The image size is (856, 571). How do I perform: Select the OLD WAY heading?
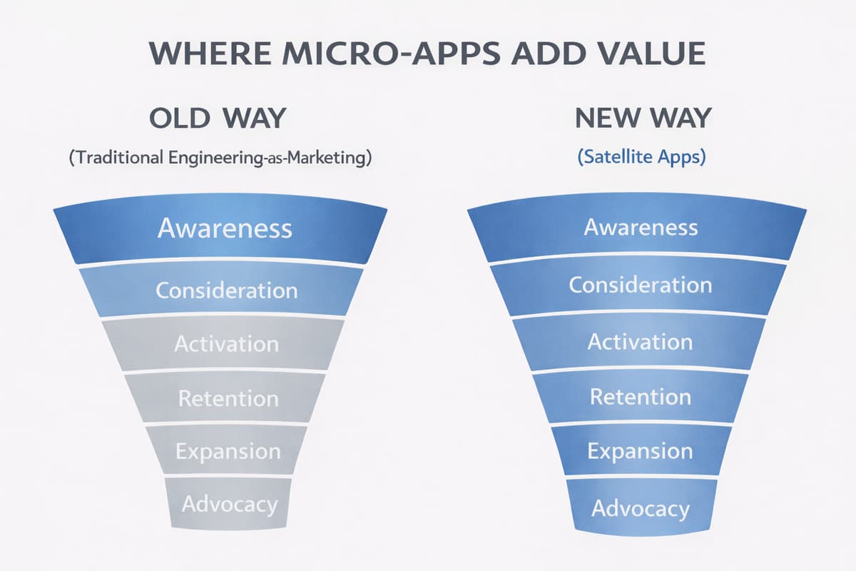pos(218,118)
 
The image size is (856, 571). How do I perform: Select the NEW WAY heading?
pos(643,118)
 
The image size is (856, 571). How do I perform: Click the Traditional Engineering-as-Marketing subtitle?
pos(220,158)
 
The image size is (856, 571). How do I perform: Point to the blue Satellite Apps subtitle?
pos(641,157)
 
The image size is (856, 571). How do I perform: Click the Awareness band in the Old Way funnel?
pos(220,228)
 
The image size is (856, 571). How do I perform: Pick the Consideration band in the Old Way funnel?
pos(221,290)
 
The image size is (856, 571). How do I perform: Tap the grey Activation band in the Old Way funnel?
pos(223,343)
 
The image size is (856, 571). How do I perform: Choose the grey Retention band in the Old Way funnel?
pos(225,398)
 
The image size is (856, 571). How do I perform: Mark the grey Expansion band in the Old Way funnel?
pos(226,450)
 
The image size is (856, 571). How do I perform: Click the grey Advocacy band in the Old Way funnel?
pos(228,504)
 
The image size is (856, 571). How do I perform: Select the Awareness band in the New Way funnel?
pos(637,228)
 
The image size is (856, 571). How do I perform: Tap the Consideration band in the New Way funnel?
pos(638,285)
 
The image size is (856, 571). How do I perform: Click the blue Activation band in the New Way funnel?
pos(639,342)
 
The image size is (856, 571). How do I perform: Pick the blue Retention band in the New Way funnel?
pos(641,397)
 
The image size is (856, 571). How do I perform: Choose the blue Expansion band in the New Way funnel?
pos(641,450)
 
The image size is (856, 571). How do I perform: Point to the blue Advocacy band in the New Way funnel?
pos(641,507)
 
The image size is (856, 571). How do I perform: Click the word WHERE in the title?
pos(210,53)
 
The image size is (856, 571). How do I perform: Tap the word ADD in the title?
pos(549,53)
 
